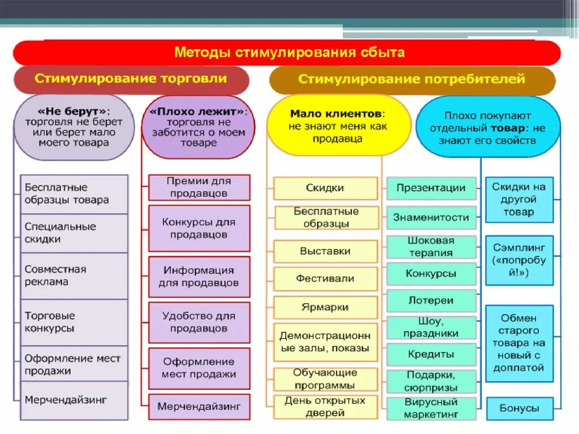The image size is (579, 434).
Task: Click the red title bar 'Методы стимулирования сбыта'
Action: point(289,53)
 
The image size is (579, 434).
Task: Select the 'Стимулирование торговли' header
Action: point(131,79)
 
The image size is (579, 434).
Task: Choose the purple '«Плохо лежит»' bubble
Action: point(199,127)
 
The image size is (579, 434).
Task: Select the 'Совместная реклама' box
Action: point(74,276)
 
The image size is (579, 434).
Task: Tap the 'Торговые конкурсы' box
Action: point(74,322)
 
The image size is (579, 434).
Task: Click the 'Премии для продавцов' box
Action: point(199,187)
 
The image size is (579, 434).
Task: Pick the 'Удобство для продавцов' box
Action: point(199,322)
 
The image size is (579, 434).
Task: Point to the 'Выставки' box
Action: point(325,251)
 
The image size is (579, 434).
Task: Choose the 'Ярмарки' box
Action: point(325,307)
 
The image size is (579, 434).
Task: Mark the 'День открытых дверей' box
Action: point(325,407)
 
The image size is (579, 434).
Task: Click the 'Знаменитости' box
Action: point(431,217)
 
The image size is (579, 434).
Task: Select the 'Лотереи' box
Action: point(431,300)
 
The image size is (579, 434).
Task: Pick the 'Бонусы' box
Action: point(519,408)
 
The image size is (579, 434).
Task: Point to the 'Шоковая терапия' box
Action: point(431,247)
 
